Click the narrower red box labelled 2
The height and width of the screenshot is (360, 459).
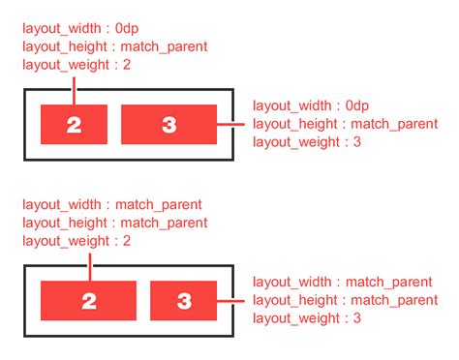tap(73, 124)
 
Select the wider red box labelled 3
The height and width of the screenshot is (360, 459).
tap(168, 124)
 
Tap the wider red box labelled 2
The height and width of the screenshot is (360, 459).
tap(88, 301)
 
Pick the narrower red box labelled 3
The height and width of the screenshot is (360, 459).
tap(183, 301)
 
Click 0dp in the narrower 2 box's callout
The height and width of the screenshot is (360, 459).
tap(125, 28)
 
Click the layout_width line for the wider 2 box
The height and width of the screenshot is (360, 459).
tap(111, 205)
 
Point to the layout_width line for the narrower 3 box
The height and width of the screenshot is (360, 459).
tap(342, 282)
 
